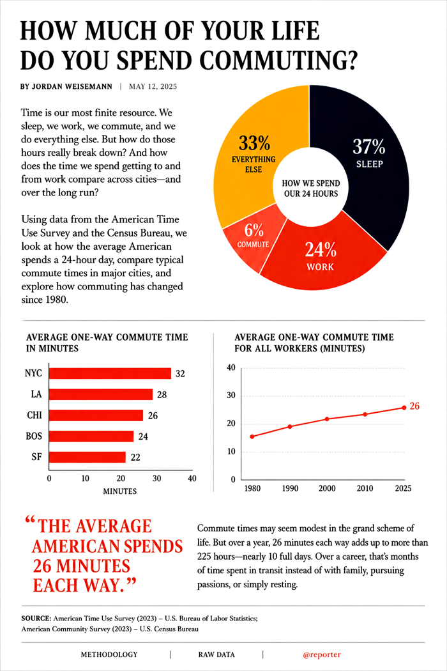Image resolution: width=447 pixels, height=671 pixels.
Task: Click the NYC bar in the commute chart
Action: tap(110, 374)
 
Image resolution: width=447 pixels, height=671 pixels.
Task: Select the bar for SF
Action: tap(87, 457)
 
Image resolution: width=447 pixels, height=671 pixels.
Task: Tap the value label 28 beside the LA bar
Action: tap(162, 394)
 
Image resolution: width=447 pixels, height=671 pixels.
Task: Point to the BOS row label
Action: tap(34, 436)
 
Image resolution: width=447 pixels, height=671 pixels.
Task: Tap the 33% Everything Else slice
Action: tap(252, 154)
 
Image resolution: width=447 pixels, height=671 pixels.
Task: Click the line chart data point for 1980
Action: tap(252, 436)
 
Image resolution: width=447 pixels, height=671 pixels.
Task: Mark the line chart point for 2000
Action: tap(327, 419)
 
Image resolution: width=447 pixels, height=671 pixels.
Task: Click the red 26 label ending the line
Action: tap(414, 406)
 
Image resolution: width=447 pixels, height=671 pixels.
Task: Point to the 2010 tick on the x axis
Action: tap(365, 488)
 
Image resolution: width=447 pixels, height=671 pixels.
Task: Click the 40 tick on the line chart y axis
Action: tap(231, 367)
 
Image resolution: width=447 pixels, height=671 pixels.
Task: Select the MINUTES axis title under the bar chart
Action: tap(120, 491)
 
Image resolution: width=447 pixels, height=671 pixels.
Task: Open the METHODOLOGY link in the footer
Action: tap(109, 654)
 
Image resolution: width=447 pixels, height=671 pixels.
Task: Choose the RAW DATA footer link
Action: tap(216, 654)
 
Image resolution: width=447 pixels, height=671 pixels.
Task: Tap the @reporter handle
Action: tap(322, 655)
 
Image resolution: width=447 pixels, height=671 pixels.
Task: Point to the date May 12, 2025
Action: tap(153, 86)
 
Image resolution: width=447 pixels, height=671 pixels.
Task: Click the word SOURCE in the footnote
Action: tap(36, 619)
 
